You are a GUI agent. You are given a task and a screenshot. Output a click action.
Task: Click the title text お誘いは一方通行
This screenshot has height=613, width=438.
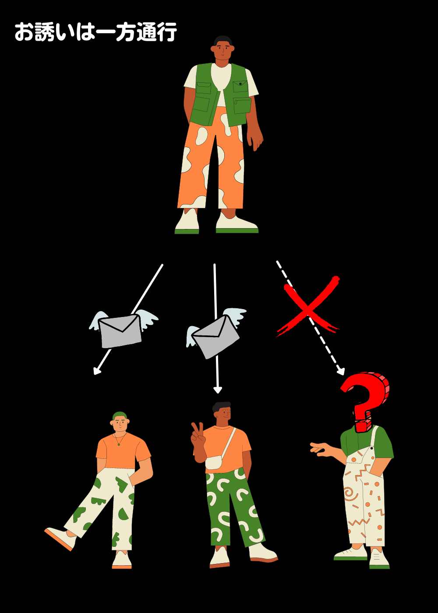tap(95, 32)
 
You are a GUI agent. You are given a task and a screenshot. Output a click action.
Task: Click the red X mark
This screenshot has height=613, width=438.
tap(308, 306)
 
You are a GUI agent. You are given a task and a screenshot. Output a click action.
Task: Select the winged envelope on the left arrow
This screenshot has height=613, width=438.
tap(123, 330)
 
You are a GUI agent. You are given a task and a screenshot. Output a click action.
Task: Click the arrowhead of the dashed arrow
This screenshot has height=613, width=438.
tap(341, 371)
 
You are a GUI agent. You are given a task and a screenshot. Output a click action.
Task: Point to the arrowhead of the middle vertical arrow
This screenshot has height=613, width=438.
tap(218, 390)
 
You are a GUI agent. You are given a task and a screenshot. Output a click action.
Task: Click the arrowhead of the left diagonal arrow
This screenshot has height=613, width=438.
tap(97, 371)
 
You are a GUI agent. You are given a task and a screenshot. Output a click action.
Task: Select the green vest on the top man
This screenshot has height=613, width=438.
tap(220, 95)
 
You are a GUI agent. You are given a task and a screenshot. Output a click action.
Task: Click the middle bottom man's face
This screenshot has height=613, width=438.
tap(223, 414)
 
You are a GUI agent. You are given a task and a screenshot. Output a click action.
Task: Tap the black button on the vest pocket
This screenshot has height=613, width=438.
tap(240, 84)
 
